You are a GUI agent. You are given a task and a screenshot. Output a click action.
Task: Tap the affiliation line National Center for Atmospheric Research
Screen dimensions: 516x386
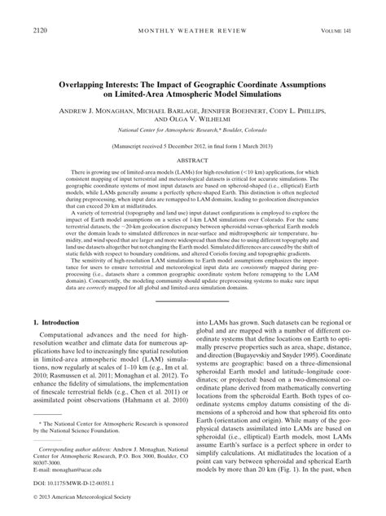[192, 130]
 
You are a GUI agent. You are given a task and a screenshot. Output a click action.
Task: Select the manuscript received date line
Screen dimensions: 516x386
[192, 148]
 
